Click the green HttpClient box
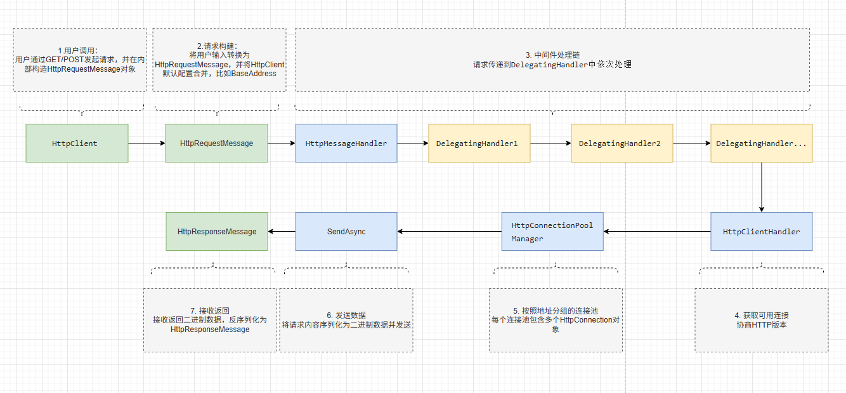coord(77,143)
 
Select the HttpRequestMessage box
coord(216,143)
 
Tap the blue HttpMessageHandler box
coord(346,143)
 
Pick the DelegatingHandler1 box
coord(479,143)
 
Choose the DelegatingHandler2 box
coord(621,143)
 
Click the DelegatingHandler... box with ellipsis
coord(761,143)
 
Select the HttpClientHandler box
coord(761,231)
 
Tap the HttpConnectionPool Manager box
coord(552,231)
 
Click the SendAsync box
coord(346,231)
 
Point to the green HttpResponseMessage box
coord(216,231)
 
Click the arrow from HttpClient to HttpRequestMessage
coord(146,143)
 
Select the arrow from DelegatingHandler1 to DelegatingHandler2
coord(550,143)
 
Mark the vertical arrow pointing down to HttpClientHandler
coord(761,187)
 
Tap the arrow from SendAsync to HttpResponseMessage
coord(282,231)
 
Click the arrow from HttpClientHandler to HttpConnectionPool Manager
coord(657,231)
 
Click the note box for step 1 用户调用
coord(79,60)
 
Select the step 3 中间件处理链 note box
coord(552,60)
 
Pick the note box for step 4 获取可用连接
coord(761,320)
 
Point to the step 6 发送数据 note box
coord(346,320)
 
